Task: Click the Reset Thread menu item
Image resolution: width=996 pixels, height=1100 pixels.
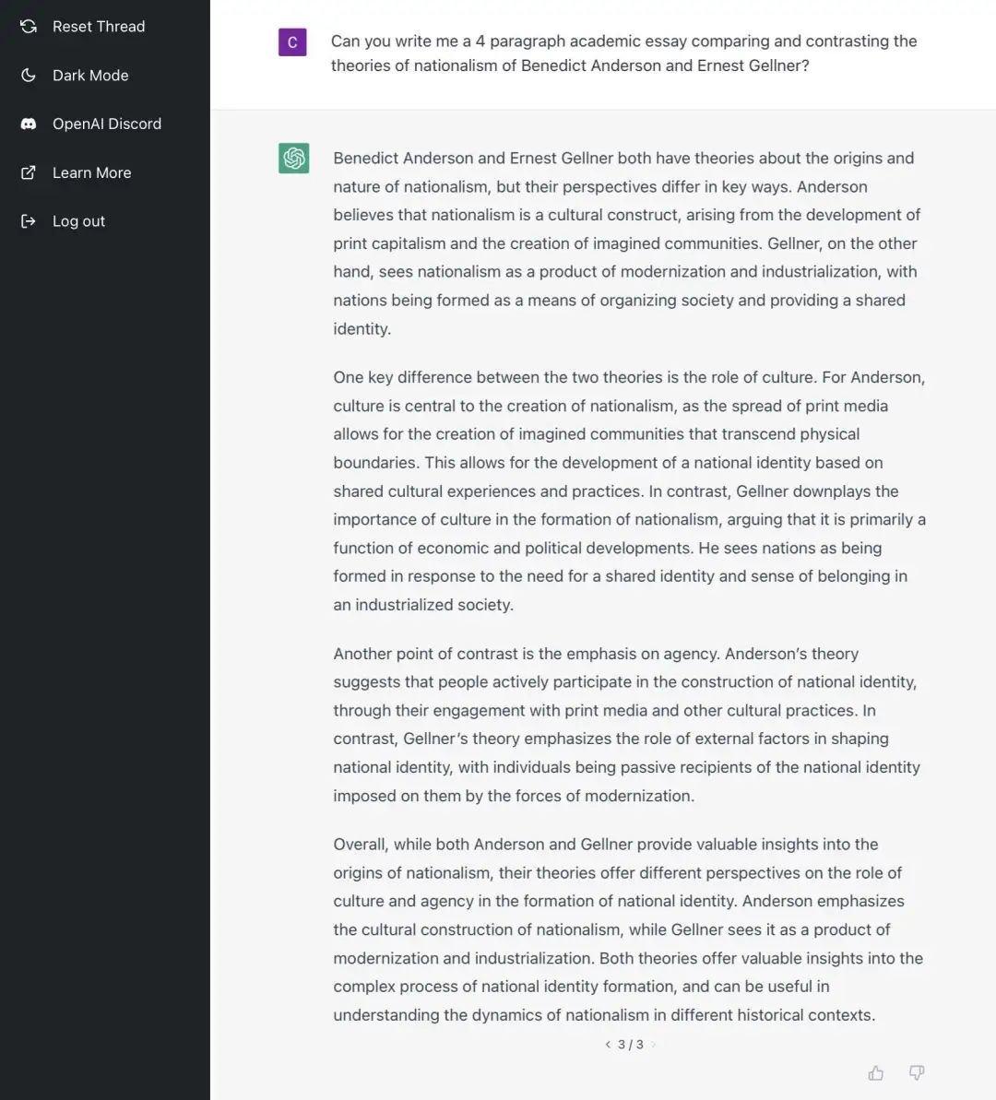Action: (98, 27)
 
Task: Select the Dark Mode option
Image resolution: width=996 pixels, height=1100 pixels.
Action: (89, 76)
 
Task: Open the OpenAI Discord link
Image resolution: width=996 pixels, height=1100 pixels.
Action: (106, 124)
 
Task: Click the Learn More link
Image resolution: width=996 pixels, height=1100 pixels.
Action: (91, 172)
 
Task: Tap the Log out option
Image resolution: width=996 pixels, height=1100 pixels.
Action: (78, 221)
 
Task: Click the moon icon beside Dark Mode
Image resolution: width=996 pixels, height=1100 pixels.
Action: (29, 76)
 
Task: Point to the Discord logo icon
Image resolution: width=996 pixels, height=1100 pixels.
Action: (29, 124)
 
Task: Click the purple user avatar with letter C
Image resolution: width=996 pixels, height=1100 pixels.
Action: (292, 41)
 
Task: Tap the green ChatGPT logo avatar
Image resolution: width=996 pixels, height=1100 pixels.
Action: (294, 158)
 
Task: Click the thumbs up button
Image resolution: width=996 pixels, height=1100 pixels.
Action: (876, 1072)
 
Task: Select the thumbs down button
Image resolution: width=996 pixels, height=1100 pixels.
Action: (917, 1072)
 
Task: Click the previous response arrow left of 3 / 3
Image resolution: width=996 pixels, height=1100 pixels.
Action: (608, 1045)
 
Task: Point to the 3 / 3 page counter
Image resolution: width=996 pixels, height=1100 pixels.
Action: (631, 1045)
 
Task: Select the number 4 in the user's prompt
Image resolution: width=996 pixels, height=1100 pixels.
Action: (480, 41)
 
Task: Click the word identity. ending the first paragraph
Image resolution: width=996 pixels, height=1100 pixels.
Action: (362, 329)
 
